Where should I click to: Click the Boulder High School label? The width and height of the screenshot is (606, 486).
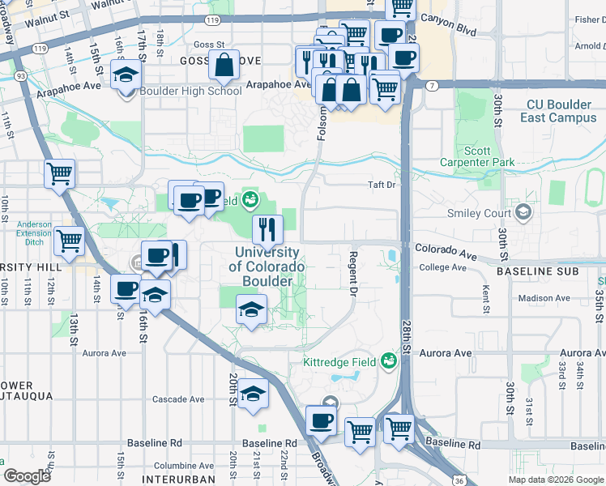pos(190,91)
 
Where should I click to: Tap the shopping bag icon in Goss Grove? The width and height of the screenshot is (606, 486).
pos(224,64)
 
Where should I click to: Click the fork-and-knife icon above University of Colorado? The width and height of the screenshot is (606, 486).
pos(267,229)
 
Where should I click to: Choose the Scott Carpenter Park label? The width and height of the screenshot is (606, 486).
pos(489,156)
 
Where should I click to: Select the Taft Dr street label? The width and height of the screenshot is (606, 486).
pos(381,185)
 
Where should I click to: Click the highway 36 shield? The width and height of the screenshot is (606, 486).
pos(459,480)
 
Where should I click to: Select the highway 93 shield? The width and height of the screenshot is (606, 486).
pos(19,75)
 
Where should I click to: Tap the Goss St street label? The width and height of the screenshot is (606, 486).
pos(208,45)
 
